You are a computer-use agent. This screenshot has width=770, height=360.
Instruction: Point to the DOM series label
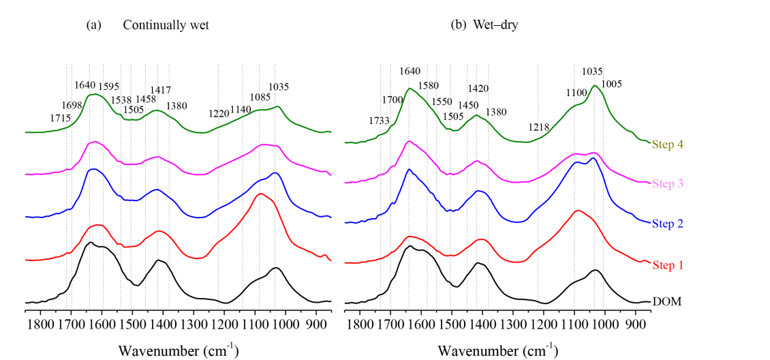pyautogui.click(x=666, y=301)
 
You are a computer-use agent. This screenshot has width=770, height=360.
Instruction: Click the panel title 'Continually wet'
pyautogui.click(x=166, y=25)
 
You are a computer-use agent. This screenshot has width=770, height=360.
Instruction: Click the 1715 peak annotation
pyautogui.click(x=61, y=118)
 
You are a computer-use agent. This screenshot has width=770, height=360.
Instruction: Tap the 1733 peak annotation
pyautogui.click(x=380, y=121)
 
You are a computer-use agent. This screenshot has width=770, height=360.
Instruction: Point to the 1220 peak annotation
pyautogui.click(x=219, y=113)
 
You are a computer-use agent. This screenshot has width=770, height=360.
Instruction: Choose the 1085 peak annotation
pyautogui.click(x=261, y=97)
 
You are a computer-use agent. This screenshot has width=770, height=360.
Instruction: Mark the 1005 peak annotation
pyautogui.click(x=612, y=83)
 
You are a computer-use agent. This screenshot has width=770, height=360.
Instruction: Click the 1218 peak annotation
pyautogui.click(x=538, y=127)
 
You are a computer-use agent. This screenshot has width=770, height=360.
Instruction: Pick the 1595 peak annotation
pyautogui.click(x=109, y=86)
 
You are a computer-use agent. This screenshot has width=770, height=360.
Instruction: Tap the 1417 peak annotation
pyautogui.click(x=160, y=90)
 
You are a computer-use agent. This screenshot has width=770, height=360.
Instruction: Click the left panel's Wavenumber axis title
pyautogui.click(x=179, y=350)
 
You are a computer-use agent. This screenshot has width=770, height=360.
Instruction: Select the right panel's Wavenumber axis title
pyautogui.click(x=497, y=350)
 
